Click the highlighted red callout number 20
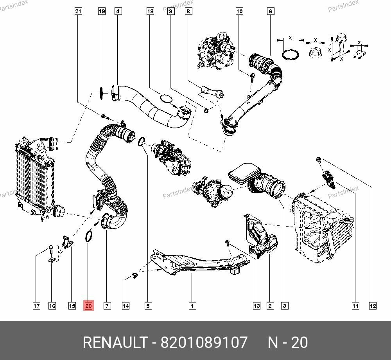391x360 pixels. pyautogui.click(x=88, y=306)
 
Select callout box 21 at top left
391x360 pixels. pyautogui.click(x=78, y=11)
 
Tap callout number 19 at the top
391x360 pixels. pyautogui.click(x=102, y=11)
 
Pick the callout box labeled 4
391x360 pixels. pyautogui.click(x=118, y=11)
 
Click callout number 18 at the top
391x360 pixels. pyautogui.click(x=150, y=11)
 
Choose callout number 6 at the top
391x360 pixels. pyautogui.click(x=270, y=11)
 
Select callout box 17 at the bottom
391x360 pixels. pyautogui.click(x=36, y=306)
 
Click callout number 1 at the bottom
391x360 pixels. pyautogui.click(x=192, y=306)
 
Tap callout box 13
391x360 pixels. pyautogui.click(x=256, y=306)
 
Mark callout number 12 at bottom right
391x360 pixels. pyautogui.click(x=373, y=306)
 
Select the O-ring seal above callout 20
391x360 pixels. pyautogui.click(x=89, y=236)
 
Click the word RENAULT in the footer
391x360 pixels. pyautogui.click(x=115, y=342)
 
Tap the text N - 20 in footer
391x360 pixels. pyautogui.click(x=287, y=342)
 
